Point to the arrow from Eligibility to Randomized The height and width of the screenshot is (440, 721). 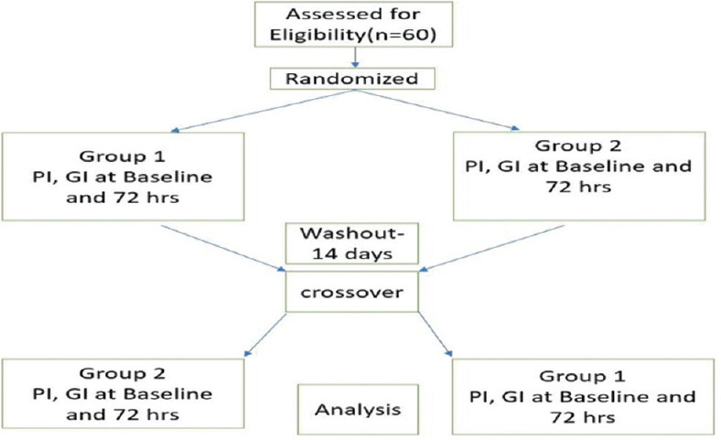pyautogui.click(x=354, y=58)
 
